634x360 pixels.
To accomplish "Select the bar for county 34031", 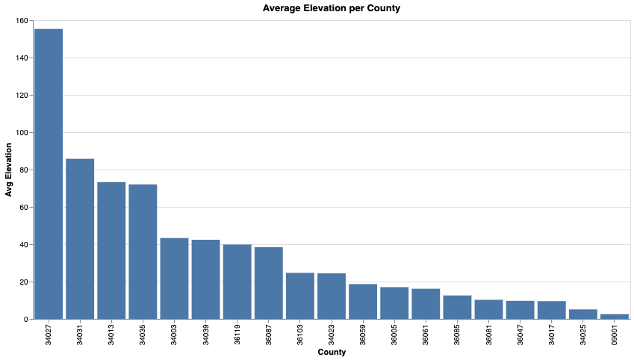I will (80, 239).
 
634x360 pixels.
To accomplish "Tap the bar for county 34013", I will (111, 250).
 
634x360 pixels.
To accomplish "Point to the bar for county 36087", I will (269, 283).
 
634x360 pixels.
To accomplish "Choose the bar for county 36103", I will (300, 296).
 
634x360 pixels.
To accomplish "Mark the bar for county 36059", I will (363, 302).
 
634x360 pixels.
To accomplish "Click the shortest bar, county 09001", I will (615, 317).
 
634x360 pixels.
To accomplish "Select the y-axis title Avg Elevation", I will (9, 170).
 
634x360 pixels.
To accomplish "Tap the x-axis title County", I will (332, 352).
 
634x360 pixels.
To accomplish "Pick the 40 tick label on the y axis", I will (23, 245).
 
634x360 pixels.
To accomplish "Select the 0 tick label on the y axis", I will (26, 320).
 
